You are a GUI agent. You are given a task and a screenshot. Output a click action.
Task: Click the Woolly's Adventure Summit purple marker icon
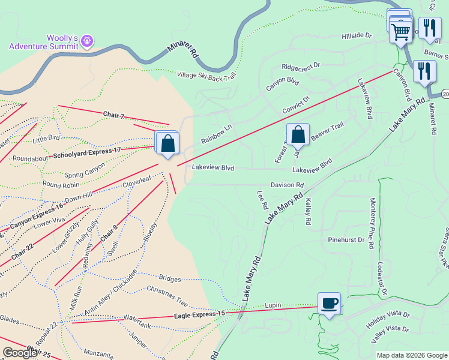pos(88,40)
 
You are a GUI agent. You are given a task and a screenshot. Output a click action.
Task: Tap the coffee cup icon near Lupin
pos(329,303)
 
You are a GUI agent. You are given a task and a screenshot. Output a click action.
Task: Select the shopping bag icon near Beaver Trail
pos(298,136)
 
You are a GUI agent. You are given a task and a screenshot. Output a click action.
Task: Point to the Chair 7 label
pos(113,115)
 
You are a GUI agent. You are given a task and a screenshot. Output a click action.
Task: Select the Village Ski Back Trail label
pos(207,76)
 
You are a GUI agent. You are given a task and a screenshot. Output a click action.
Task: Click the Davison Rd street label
pos(287,185)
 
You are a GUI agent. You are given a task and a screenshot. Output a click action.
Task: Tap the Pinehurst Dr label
pos(346,239)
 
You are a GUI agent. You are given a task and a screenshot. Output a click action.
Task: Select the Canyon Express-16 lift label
pos(37,216)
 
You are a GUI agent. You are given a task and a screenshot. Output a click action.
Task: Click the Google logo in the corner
pos(20,353)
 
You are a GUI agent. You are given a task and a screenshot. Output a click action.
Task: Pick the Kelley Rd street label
pos(307,212)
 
